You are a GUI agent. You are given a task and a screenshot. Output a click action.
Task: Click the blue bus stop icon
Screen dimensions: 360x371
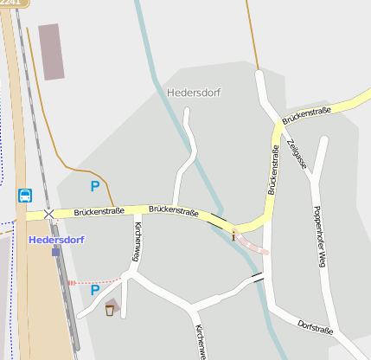pyautogui.click(x=25, y=196)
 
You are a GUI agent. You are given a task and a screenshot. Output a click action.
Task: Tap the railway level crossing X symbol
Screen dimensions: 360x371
pyautogui.click(x=48, y=213)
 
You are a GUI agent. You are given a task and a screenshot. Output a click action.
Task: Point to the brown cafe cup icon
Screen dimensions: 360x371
pyautogui.click(x=110, y=309)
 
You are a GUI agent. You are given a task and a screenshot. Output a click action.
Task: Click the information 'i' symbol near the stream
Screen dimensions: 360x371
pyautogui.click(x=233, y=235)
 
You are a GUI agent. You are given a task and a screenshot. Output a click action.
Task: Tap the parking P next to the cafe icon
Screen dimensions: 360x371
pyautogui.click(x=94, y=291)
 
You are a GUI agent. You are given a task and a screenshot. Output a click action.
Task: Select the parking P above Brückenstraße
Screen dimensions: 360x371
pyautogui.click(x=94, y=186)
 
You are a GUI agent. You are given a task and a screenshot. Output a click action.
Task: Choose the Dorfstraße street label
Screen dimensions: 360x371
pyautogui.click(x=316, y=326)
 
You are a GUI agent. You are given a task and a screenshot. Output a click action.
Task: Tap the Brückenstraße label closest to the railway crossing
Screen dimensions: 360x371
pyautogui.click(x=99, y=211)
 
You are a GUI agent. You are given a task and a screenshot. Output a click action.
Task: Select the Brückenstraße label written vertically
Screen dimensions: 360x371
pyautogui.click(x=273, y=170)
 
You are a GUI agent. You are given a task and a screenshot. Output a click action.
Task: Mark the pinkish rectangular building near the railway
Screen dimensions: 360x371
pyautogui.click(x=52, y=52)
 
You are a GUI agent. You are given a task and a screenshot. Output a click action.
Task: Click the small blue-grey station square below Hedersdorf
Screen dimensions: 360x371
pyautogui.click(x=55, y=252)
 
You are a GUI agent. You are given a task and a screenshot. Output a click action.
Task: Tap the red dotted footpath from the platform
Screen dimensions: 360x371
pyautogui.click(x=93, y=282)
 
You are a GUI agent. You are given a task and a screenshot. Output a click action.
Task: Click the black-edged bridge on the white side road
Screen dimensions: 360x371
pyautogui.click(x=256, y=278)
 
